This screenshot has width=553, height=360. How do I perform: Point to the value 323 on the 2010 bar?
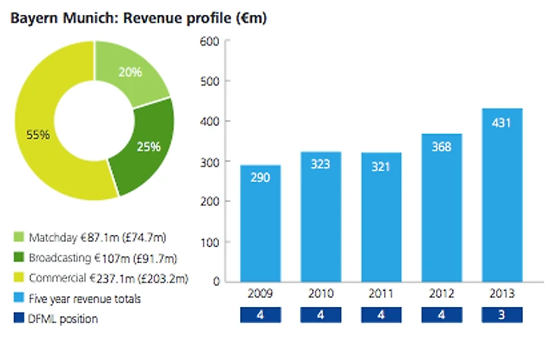320,163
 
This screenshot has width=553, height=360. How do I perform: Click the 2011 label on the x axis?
380,293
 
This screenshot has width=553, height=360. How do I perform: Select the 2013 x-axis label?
501,293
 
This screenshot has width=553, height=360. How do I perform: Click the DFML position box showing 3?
501,314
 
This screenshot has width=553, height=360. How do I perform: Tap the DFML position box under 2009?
260,314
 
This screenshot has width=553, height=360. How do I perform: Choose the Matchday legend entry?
106,239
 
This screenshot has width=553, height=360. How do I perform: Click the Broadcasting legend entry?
106,259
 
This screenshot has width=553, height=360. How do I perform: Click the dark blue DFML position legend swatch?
19,319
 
